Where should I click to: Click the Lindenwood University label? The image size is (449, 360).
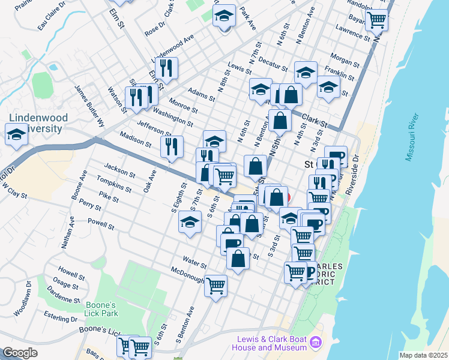[36, 123]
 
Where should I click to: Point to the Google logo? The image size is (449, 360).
[20, 352]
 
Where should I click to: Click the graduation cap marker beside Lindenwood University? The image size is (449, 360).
[16, 134]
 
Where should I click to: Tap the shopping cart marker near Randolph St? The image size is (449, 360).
[376, 19]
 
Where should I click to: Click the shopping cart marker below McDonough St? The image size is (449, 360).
[215, 285]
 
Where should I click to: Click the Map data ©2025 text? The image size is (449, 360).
[424, 355]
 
